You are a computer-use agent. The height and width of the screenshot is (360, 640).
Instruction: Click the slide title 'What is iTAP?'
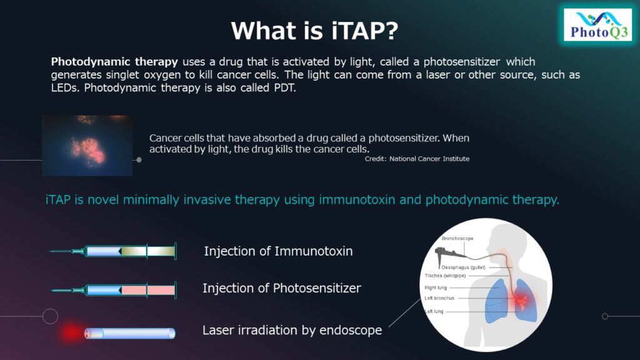(314, 30)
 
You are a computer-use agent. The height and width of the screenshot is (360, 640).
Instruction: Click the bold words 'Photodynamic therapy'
(114, 62)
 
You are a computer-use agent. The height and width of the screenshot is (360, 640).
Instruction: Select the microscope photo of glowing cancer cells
(87, 145)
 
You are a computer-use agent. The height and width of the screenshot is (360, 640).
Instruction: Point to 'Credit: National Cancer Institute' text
(417, 159)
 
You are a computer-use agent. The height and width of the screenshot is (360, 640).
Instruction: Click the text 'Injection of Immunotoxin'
(278, 251)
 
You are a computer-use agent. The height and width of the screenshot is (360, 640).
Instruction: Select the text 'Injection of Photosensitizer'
(281, 288)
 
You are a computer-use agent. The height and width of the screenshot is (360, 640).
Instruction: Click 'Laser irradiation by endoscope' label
(292, 330)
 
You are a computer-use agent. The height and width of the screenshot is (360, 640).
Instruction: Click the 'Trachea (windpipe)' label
(445, 275)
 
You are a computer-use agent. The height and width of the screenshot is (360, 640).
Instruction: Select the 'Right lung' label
(436, 287)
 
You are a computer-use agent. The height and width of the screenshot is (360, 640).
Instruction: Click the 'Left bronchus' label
(439, 298)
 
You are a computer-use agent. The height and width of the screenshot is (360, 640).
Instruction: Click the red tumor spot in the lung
(519, 302)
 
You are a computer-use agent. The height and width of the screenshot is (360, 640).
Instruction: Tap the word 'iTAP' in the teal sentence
(57, 200)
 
